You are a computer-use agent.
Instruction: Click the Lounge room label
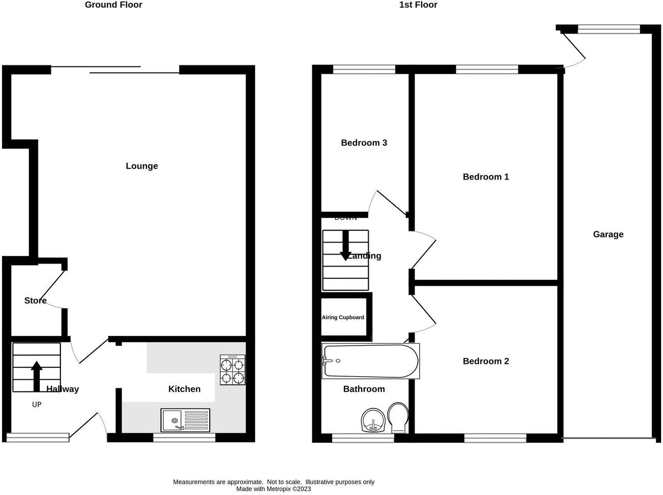point(141,166)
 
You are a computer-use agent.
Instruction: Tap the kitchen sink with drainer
point(185,420)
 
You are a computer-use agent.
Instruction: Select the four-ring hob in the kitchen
point(232,370)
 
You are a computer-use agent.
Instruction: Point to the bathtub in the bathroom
point(370,361)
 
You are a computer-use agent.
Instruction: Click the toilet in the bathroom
point(398,417)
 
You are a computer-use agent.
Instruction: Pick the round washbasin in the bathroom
point(373,421)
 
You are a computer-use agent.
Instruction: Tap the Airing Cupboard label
point(343,317)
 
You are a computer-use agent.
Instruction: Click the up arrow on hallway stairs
point(36,375)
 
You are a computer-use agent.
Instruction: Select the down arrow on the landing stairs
point(345,245)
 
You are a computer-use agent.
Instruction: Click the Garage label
point(608,234)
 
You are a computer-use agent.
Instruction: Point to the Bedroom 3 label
point(364,143)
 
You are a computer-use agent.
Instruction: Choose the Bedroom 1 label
point(485,177)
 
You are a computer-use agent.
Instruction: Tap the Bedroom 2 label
point(485,361)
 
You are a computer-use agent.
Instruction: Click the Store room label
point(35,301)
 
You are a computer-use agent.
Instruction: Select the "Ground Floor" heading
point(113,5)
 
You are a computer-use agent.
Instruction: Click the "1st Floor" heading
point(418,5)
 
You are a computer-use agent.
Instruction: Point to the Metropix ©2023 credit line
point(274,489)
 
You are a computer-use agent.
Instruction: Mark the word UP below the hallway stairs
point(37,404)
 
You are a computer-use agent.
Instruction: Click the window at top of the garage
point(609,30)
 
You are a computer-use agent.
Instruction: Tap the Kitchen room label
point(184,389)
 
